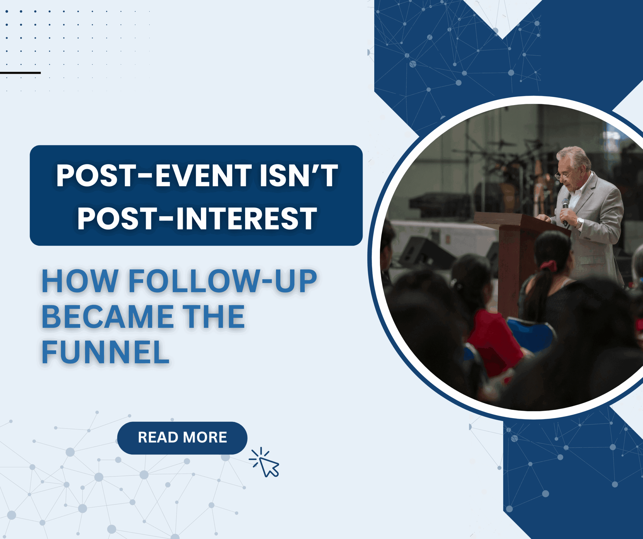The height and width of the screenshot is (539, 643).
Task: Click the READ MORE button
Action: pyautogui.click(x=182, y=438)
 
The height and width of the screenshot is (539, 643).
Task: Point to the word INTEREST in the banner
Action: pyautogui.click(x=246, y=218)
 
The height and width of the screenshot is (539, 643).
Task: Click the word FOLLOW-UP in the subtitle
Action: pyautogui.click(x=223, y=281)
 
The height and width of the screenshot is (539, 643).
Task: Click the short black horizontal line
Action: pyautogui.click(x=20, y=73)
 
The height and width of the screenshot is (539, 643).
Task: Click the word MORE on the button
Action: pyautogui.click(x=205, y=437)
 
